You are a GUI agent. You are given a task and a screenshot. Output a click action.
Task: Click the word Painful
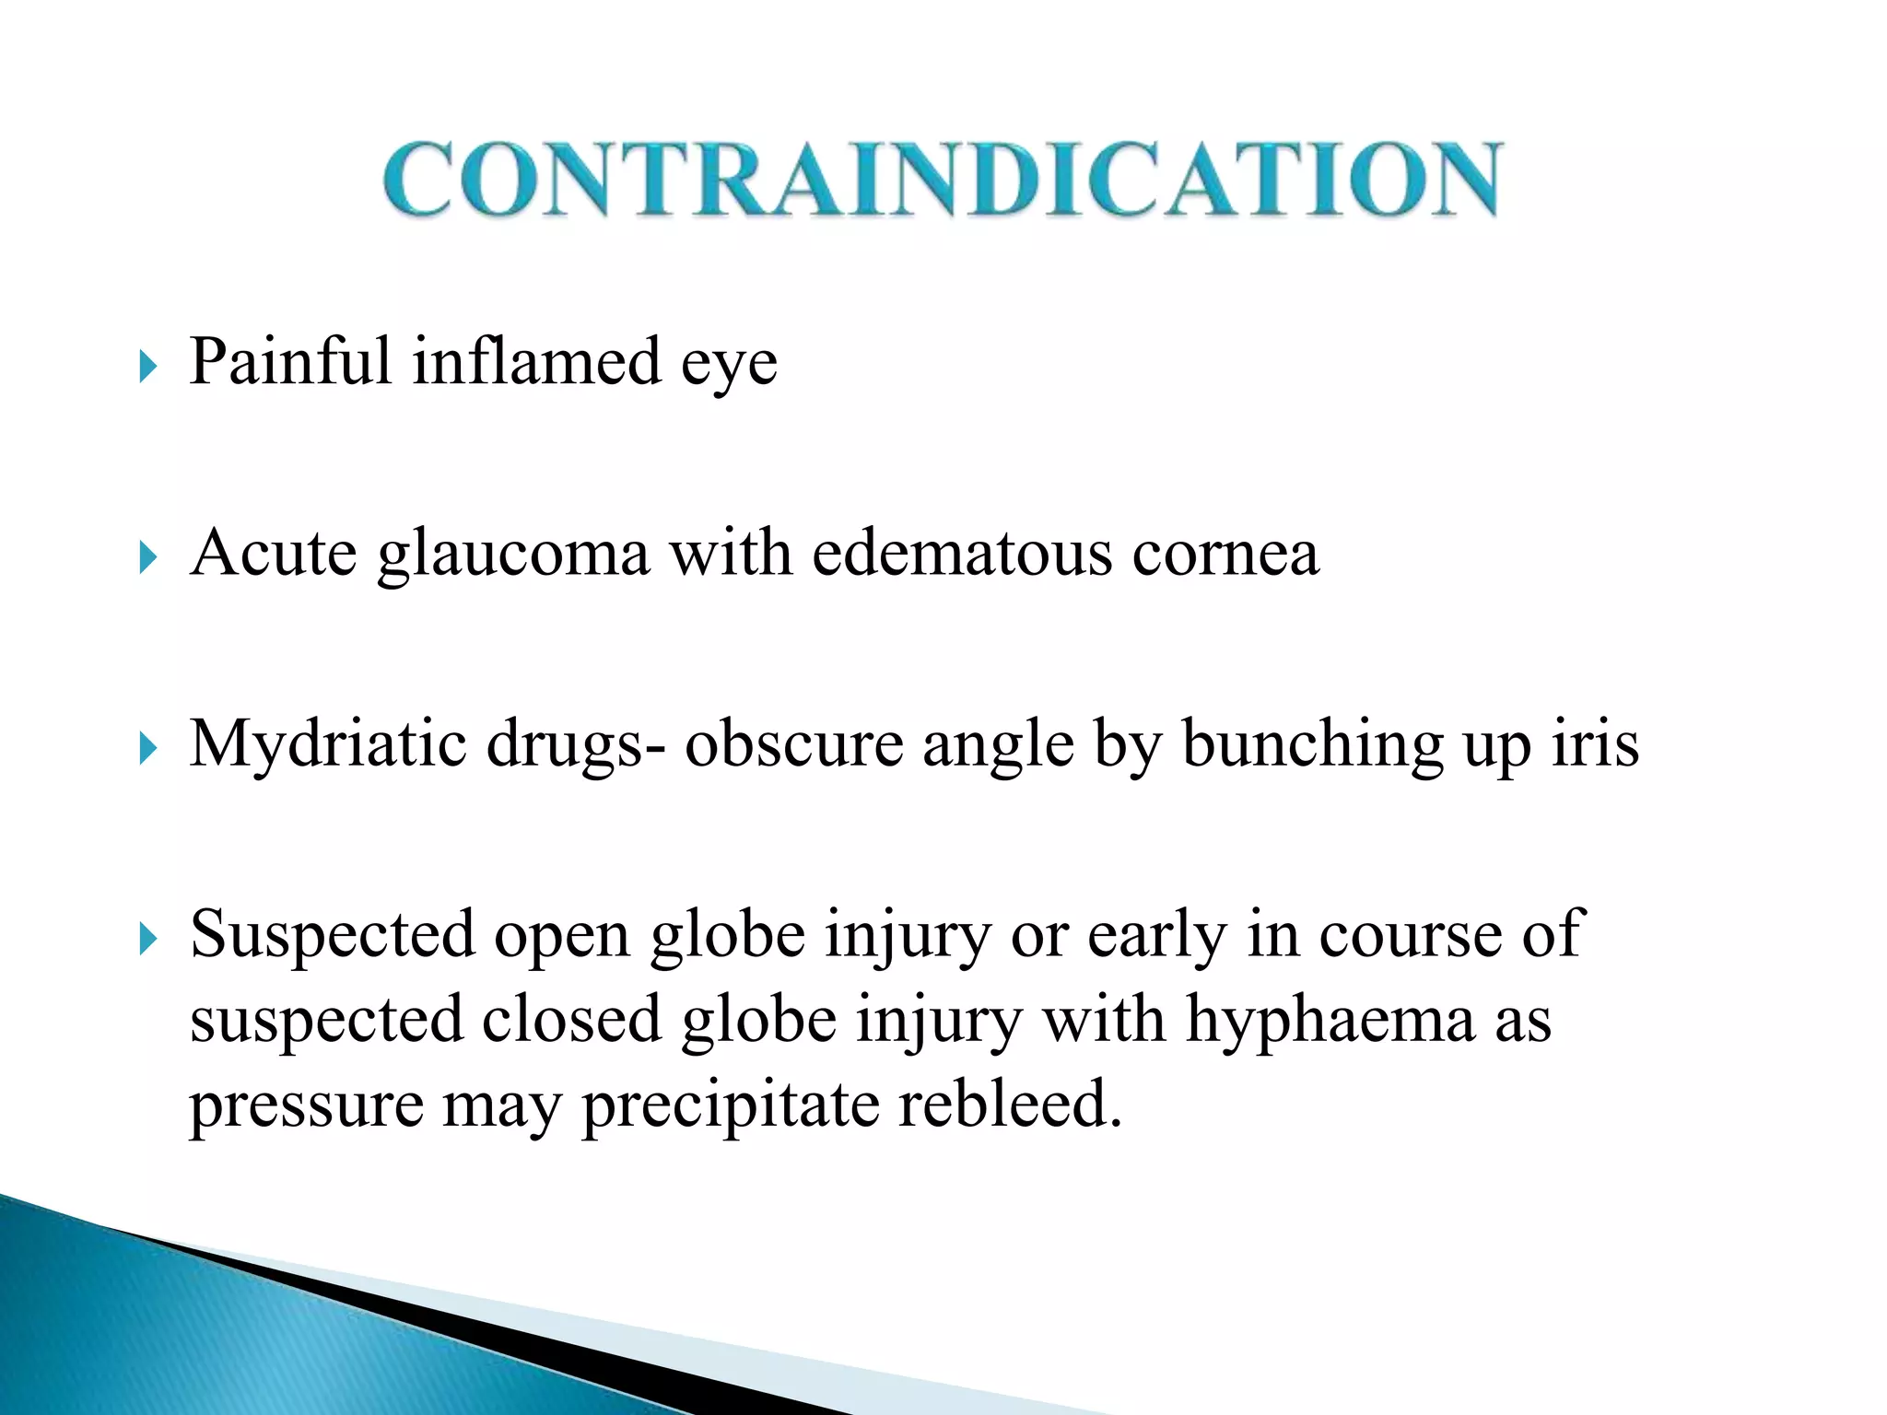(290, 361)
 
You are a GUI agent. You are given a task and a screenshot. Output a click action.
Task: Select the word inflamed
(536, 361)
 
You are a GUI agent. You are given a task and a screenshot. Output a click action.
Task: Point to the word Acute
(274, 554)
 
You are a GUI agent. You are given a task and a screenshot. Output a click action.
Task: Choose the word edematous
(962, 554)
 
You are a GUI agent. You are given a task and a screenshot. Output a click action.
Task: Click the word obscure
(793, 744)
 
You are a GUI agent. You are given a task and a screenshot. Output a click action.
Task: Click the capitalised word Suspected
(332, 936)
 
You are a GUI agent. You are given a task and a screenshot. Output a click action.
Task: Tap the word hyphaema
(1330, 1021)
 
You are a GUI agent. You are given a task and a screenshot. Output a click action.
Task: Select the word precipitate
(730, 1105)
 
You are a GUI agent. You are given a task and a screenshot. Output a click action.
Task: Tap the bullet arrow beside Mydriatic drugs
(147, 748)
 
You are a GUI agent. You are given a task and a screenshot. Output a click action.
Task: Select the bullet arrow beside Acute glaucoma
(147, 557)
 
